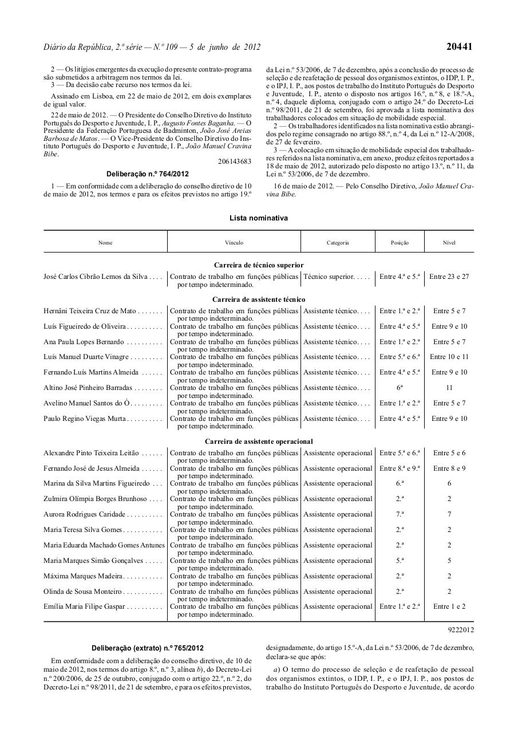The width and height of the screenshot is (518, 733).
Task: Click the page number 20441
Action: click(x=460, y=47)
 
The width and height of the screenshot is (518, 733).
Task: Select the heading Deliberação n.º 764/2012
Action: click(x=148, y=174)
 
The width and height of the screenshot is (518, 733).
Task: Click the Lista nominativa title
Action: click(x=259, y=218)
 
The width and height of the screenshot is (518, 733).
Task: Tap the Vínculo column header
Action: click(x=234, y=243)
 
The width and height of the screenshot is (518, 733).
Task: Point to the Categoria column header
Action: click(x=338, y=243)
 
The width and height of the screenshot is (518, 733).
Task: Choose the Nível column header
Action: click(x=449, y=243)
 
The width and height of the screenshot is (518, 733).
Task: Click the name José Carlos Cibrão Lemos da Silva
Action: click(x=96, y=277)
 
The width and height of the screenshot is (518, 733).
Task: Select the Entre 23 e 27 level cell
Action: click(x=449, y=277)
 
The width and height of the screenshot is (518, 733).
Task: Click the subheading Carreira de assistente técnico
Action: click(x=259, y=299)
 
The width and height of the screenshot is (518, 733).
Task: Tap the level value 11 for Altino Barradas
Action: click(x=449, y=388)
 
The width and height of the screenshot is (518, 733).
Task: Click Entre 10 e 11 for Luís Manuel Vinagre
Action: click(x=449, y=357)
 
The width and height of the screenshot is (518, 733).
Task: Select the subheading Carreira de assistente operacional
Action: click(x=259, y=442)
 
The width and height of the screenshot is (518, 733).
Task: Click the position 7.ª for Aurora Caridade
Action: click(x=400, y=514)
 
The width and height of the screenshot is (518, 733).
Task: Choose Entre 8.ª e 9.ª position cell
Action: click(x=400, y=468)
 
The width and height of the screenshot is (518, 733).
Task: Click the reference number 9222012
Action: click(x=461, y=630)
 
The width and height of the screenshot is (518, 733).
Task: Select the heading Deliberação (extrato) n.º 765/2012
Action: click(x=148, y=648)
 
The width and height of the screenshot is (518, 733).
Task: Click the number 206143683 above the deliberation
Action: click(x=235, y=161)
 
